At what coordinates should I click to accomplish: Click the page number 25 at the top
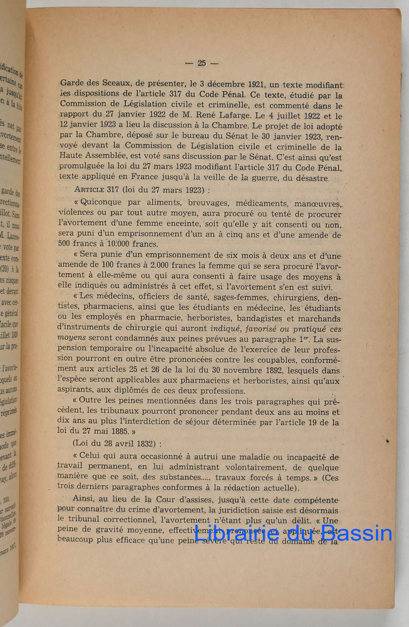click(x=202, y=63)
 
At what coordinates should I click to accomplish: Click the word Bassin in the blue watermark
click(x=358, y=534)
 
